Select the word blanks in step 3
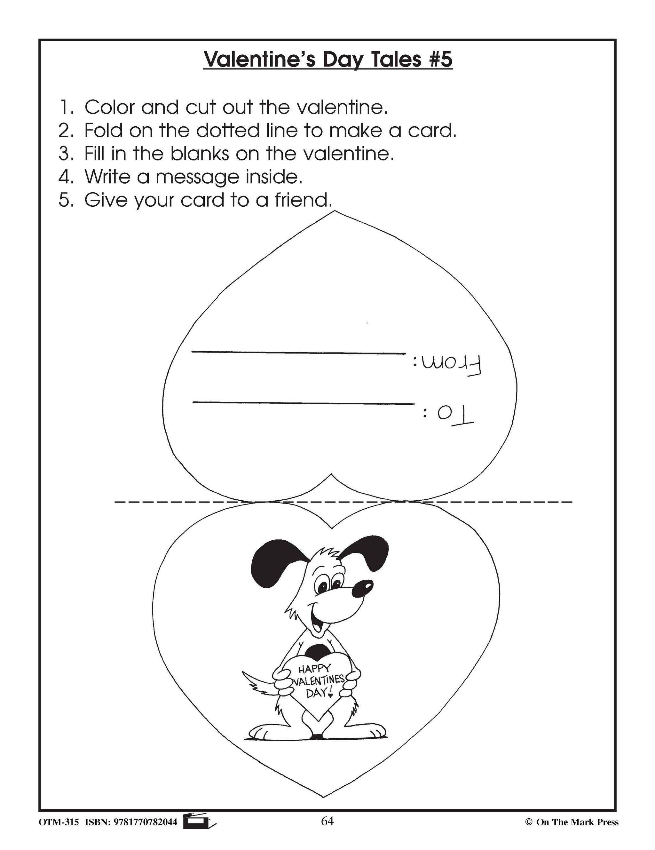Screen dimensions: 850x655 (200, 154)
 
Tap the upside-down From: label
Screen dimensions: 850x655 (447, 365)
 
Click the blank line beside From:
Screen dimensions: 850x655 (298, 353)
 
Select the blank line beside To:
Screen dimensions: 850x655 (304, 403)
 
